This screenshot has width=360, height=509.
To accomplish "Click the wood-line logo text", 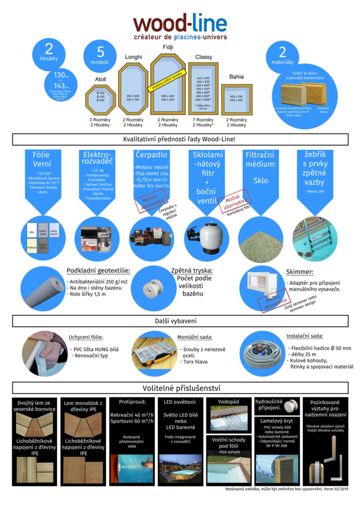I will point(180,24).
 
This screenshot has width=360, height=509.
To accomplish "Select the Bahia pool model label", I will point(236,77).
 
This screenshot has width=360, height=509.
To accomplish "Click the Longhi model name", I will point(133,57).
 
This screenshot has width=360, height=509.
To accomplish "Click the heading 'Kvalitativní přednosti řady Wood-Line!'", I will point(180,139).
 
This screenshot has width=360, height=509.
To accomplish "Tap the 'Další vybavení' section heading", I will point(180,321).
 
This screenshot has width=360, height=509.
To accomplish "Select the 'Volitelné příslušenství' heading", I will point(180,387).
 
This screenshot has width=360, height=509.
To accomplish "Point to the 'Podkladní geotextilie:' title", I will point(98,271).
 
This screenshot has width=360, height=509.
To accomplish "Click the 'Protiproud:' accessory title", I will point(132,402).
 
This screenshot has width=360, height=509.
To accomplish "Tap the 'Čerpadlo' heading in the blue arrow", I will point(152,155).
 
